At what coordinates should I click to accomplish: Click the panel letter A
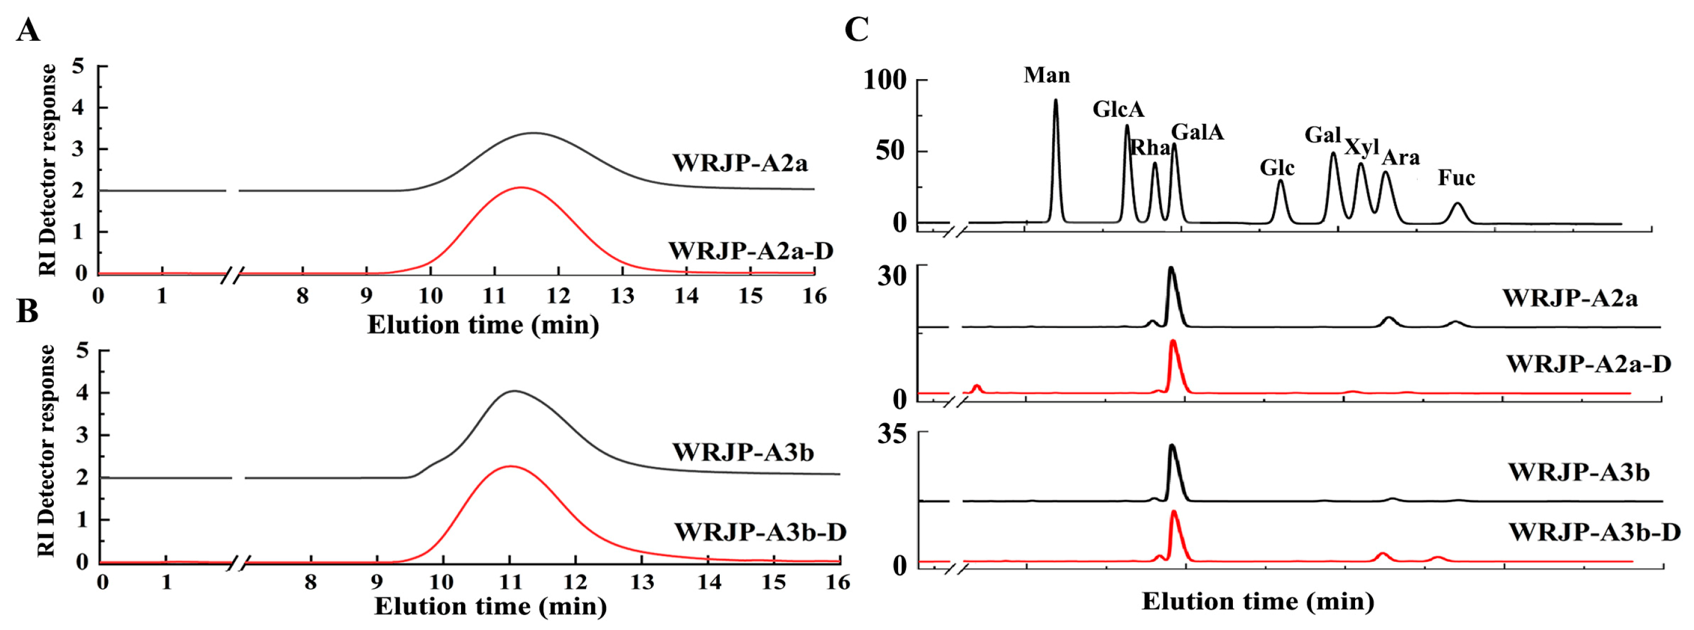pyautogui.click(x=28, y=30)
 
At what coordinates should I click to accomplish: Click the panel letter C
pyautogui.click(x=856, y=30)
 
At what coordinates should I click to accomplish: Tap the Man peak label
pyautogui.click(x=1046, y=75)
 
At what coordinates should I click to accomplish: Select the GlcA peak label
pyautogui.click(x=1118, y=109)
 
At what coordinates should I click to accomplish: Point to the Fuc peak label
pyautogui.click(x=1456, y=178)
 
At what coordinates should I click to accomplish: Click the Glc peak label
pyautogui.click(x=1277, y=168)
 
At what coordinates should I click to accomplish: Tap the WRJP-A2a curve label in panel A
pyautogui.click(x=739, y=163)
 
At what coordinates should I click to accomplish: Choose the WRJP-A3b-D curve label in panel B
pyautogui.click(x=760, y=532)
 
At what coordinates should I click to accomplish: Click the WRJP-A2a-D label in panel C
pyautogui.click(x=1588, y=363)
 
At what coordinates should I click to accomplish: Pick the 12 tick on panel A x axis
pyautogui.click(x=557, y=296)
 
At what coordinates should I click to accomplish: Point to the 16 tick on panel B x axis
pyautogui.click(x=838, y=582)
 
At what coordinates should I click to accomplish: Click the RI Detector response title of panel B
pyautogui.click(x=46, y=451)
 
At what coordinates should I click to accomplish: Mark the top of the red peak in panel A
pyautogui.click(x=521, y=188)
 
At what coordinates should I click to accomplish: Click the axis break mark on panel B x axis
pyautogui.click(x=241, y=563)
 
